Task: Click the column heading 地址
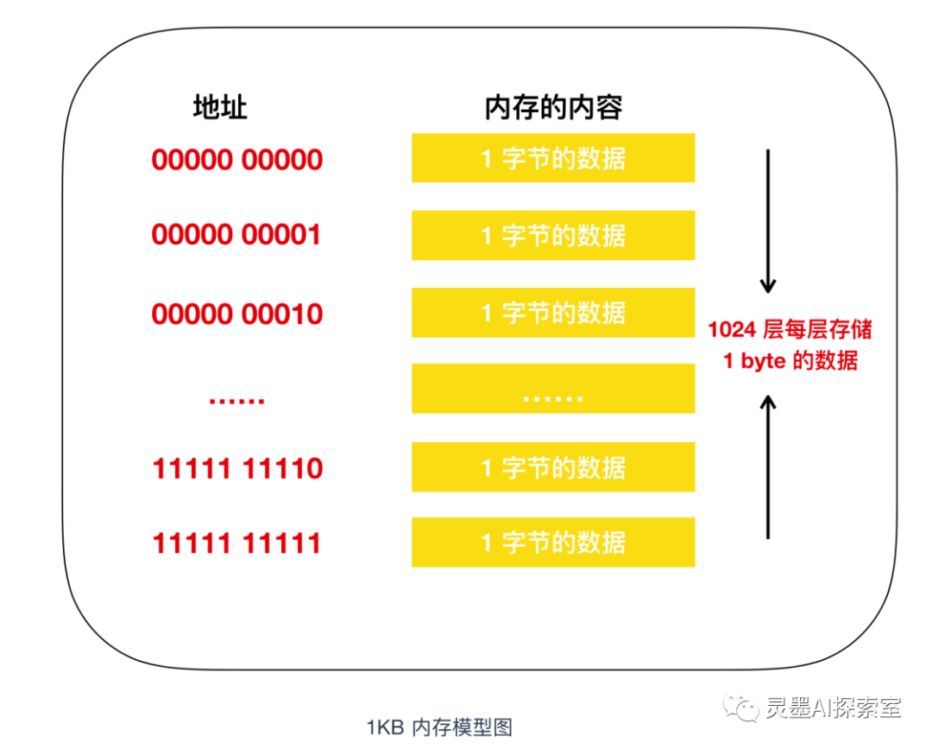click(x=220, y=108)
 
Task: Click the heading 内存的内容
click(x=553, y=108)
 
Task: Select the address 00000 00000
click(x=237, y=160)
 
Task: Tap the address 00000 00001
click(x=236, y=234)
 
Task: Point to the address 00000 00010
click(x=237, y=314)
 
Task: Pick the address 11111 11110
click(x=238, y=468)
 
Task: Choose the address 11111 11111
click(x=237, y=543)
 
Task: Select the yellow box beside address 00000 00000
click(x=553, y=157)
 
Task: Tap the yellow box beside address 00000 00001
click(x=553, y=235)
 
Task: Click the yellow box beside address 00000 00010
click(x=553, y=313)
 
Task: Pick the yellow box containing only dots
click(x=553, y=389)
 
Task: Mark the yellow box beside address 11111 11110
click(x=553, y=467)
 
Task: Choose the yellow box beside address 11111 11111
click(x=553, y=542)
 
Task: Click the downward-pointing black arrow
click(x=768, y=221)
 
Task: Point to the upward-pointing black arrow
click(x=768, y=467)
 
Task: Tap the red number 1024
click(x=732, y=330)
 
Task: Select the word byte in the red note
click(x=763, y=361)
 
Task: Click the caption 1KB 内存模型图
click(x=439, y=727)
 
